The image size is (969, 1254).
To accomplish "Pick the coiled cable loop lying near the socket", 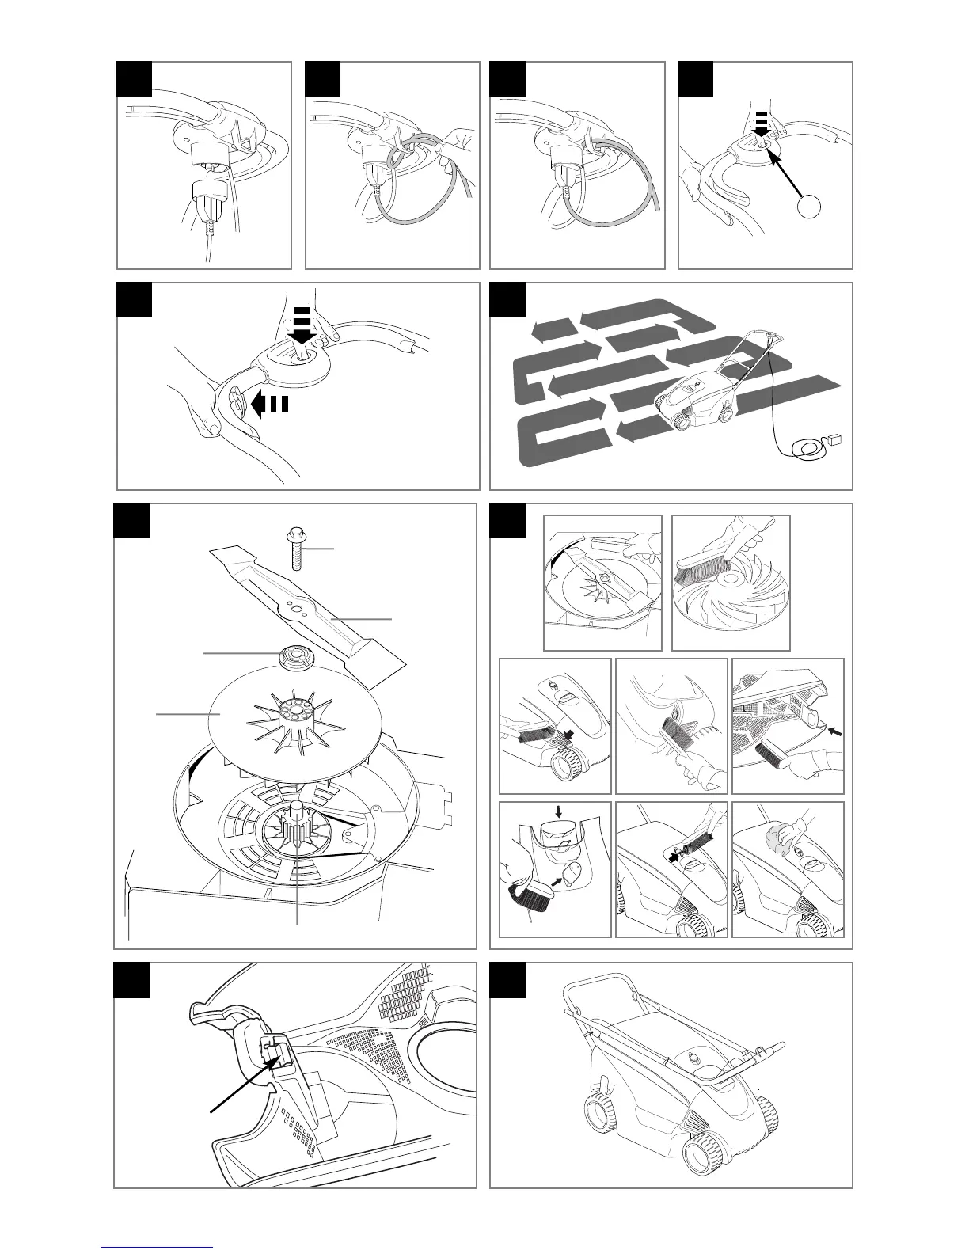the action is coord(809,450).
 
